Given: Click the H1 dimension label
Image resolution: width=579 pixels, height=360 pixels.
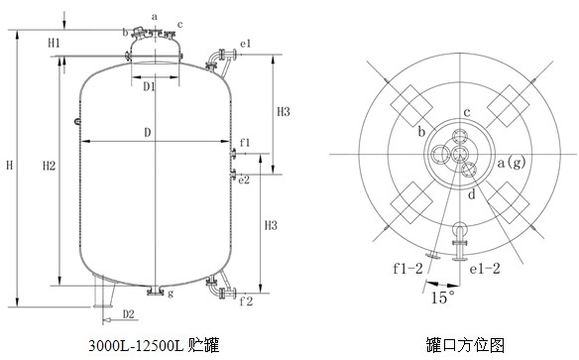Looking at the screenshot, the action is [54, 43].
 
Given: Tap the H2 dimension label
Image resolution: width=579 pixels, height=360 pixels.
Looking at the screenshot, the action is [49, 166].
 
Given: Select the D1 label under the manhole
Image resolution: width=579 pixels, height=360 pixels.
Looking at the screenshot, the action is [149, 87].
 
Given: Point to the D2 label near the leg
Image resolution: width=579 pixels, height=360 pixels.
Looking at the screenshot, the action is [129, 314].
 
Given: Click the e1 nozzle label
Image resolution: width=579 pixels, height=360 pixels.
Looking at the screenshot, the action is [246, 44].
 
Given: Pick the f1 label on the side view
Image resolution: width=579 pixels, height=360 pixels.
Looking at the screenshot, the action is [245, 143].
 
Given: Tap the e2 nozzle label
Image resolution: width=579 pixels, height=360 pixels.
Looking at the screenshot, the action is [244, 180].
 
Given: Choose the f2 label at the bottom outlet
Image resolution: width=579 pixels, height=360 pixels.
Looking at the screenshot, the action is [246, 301].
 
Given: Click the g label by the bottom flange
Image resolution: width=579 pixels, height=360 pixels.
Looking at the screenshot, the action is [171, 294].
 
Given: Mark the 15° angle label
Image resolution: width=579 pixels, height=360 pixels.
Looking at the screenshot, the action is [442, 298].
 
